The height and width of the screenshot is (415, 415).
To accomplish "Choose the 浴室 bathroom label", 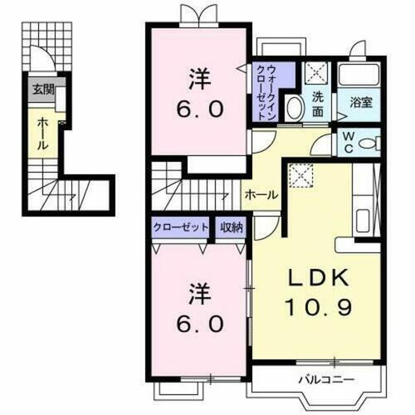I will pos(359,104).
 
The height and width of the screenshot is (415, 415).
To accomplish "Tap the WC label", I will pos(347,142).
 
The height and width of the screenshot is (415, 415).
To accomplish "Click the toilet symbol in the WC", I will pos(370,141).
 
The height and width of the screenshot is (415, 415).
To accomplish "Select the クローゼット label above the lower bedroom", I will pos(180,226).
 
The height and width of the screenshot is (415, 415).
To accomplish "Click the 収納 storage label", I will pos(232,226).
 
